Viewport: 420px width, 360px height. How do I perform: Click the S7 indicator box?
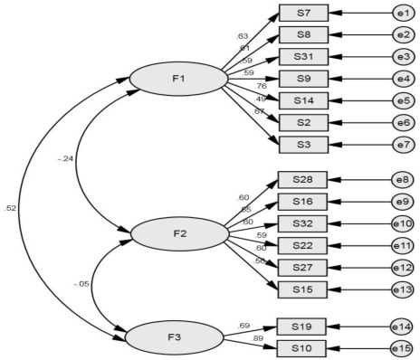(302, 14)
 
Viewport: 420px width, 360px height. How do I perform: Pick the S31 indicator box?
(302, 56)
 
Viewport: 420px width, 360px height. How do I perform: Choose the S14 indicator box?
(302, 99)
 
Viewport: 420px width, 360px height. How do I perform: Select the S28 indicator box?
(302, 181)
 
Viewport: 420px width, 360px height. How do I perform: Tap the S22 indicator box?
(302, 245)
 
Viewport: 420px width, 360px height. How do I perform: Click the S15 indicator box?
(302, 288)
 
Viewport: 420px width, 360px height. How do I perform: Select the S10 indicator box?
(302, 347)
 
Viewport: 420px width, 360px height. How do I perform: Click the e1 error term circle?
(404, 14)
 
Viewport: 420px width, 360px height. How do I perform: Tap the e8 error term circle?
(404, 181)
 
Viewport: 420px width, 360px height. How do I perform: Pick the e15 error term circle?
(404, 347)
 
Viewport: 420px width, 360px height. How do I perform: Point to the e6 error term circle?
(404, 120)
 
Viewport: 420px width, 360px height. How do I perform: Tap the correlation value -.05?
(81, 284)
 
